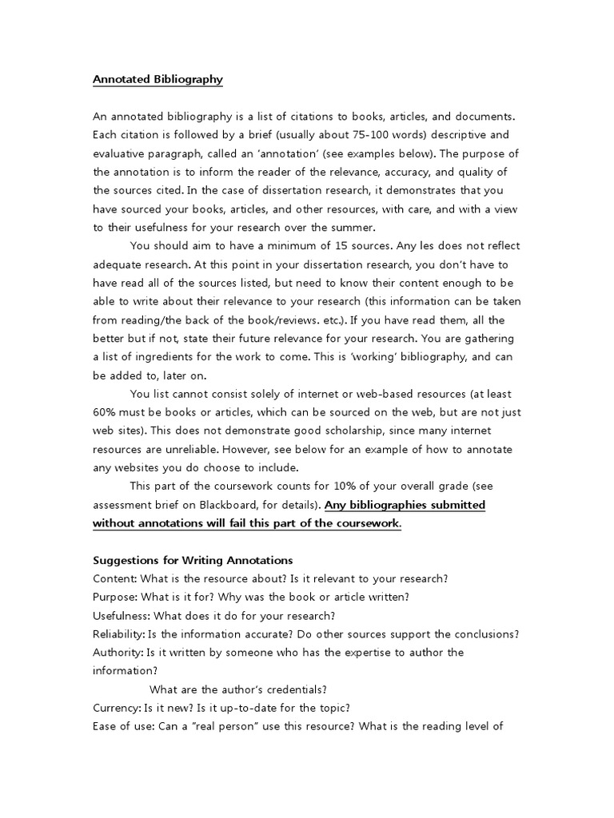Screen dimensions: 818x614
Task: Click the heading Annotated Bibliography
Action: click(x=157, y=79)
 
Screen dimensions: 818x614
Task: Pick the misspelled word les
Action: click(x=416, y=246)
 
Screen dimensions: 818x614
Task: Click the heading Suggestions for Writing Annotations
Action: click(x=193, y=560)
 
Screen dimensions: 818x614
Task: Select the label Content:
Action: click(x=115, y=578)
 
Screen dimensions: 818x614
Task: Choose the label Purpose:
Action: click(x=116, y=597)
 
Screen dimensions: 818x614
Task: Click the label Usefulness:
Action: click(x=122, y=615)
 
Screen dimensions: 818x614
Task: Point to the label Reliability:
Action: click(x=118, y=634)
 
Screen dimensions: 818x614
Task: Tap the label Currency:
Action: click(x=117, y=708)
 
